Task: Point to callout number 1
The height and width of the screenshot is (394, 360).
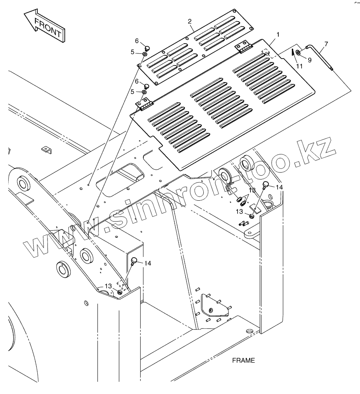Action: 278,35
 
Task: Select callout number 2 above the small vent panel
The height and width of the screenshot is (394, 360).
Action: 190,21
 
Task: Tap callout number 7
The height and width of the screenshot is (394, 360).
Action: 326,44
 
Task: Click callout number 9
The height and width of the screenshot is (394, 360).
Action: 310,60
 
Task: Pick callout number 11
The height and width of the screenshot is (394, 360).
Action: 299,66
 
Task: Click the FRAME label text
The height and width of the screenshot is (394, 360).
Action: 243,360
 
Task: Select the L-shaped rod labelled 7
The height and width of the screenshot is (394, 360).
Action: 320,57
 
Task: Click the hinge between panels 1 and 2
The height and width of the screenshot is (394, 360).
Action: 243,48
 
